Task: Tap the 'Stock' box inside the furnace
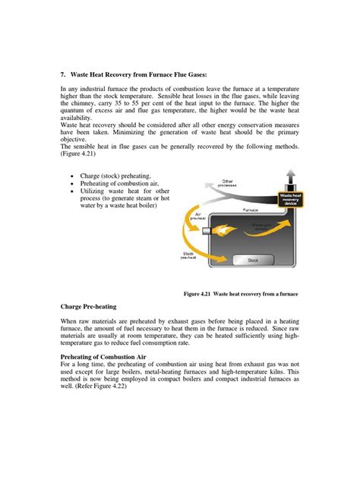pyautogui.click(x=254, y=261)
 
